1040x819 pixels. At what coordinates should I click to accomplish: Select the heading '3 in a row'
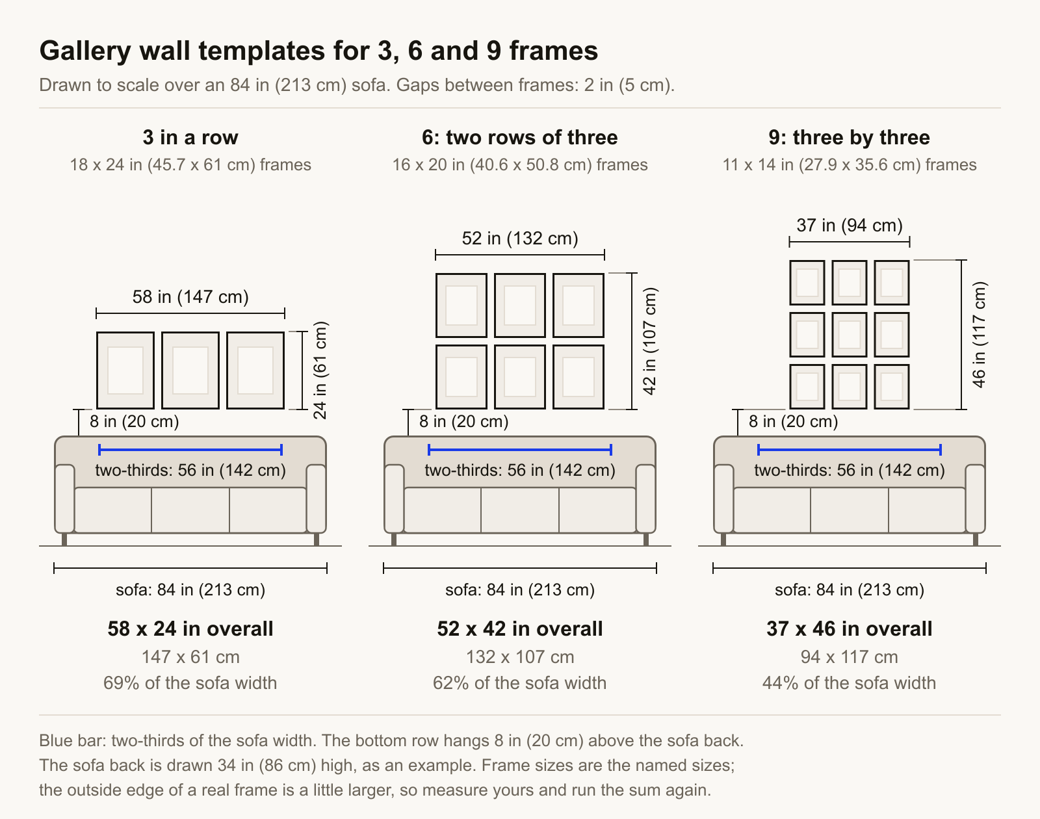click(190, 138)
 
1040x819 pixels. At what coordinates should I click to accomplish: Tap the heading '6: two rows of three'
click(519, 138)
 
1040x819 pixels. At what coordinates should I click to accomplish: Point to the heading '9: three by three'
click(849, 138)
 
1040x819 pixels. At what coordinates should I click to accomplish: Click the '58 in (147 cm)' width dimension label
click(190, 296)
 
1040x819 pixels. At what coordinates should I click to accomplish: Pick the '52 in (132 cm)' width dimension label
click(520, 238)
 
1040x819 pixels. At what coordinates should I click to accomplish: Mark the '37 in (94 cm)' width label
click(850, 225)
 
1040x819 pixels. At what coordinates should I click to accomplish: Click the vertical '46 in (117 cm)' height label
click(979, 335)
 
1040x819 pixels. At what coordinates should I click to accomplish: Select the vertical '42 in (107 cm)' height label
click(649, 341)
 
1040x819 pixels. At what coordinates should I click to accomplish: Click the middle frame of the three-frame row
click(190, 370)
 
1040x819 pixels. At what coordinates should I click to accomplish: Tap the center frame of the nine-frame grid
click(849, 335)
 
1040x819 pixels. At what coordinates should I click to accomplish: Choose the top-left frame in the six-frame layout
click(461, 305)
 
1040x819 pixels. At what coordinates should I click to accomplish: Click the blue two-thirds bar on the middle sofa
click(520, 450)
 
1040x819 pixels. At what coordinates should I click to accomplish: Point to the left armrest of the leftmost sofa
click(65, 499)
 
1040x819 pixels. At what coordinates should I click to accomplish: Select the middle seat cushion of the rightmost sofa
click(849, 510)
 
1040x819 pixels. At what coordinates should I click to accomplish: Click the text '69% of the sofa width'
click(190, 682)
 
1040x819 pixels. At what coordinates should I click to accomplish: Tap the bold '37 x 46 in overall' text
click(849, 629)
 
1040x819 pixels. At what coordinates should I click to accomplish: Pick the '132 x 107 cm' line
click(520, 657)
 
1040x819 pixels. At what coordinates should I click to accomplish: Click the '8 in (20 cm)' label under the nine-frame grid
click(793, 421)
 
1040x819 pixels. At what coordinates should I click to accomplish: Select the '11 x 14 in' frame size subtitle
click(849, 165)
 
